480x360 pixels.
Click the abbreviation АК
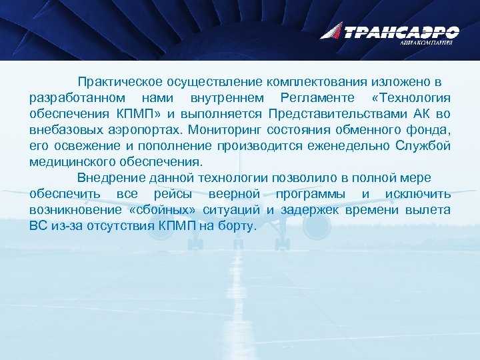click(x=422, y=113)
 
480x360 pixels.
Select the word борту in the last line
click(x=236, y=225)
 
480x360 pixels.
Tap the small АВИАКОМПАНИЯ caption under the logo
click(x=427, y=43)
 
